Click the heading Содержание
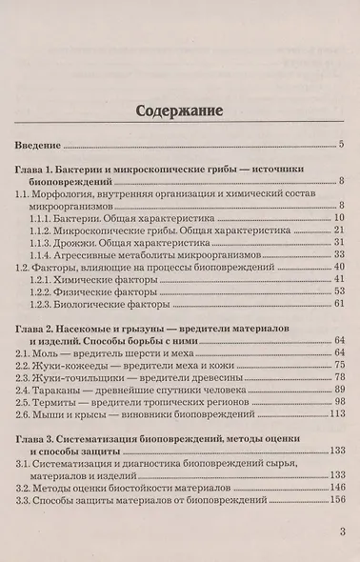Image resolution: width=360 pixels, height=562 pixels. [180, 109]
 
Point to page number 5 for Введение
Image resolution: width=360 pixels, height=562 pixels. [340, 146]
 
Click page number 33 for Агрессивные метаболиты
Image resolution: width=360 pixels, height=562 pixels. [337, 255]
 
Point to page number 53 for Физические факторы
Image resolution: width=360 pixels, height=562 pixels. [337, 292]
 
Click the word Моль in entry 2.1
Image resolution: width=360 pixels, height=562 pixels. [51, 352]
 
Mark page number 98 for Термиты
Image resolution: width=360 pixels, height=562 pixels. [337, 402]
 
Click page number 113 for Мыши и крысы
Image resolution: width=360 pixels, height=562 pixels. [334, 414]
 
